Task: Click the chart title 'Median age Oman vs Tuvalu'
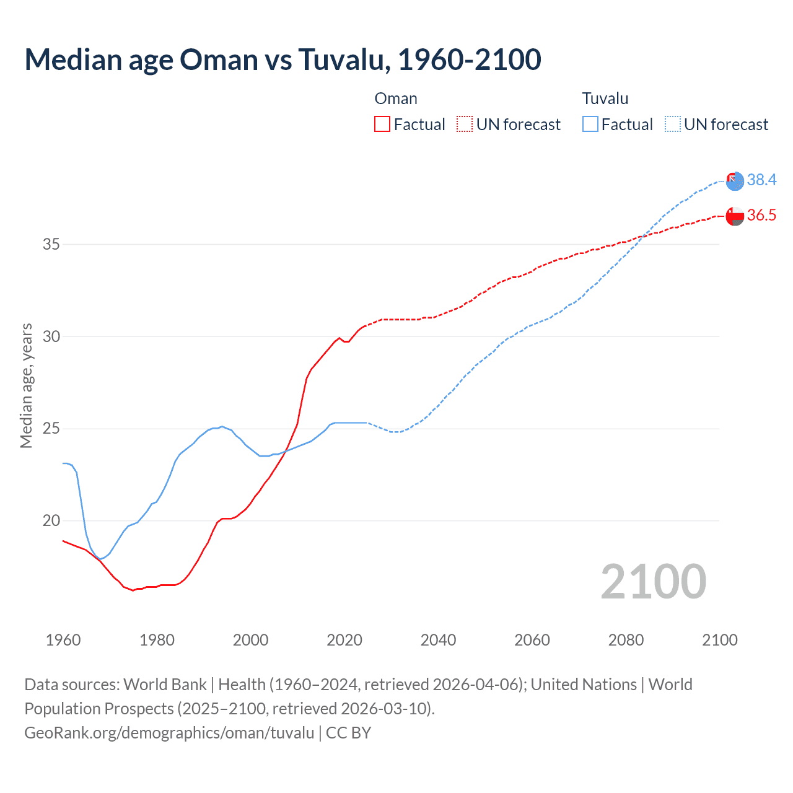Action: click(x=283, y=59)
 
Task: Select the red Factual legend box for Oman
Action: click(x=382, y=125)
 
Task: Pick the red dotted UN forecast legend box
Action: click(x=465, y=125)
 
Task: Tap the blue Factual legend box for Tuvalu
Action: click(x=590, y=125)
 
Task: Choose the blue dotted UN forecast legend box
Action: click(x=673, y=125)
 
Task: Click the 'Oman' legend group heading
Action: click(x=396, y=99)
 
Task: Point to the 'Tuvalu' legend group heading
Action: click(x=605, y=99)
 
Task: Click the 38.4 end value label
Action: click(x=761, y=180)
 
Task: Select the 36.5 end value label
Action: click(x=761, y=215)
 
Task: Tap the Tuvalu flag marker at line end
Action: click(x=735, y=181)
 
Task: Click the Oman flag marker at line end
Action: click(x=735, y=216)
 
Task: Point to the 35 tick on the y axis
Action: click(x=51, y=244)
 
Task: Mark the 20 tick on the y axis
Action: click(x=51, y=520)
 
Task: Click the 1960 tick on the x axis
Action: click(x=63, y=640)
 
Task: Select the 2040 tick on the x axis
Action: click(x=438, y=640)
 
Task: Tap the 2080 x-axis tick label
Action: click(x=626, y=640)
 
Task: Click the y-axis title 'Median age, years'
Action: click(x=26, y=385)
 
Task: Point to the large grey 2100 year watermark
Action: click(x=653, y=581)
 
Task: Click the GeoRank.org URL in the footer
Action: click(x=169, y=733)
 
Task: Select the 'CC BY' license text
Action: click(x=348, y=733)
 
